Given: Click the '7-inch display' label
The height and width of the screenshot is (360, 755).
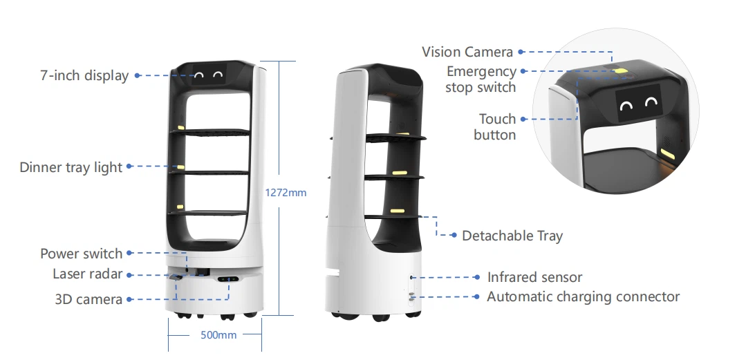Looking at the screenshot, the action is click(84, 75).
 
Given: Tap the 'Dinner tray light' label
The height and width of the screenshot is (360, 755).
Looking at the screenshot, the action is click(71, 167).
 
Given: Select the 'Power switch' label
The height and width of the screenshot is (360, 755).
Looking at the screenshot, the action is click(82, 254).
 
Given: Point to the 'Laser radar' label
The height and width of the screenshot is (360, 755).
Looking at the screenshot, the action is click(88, 274).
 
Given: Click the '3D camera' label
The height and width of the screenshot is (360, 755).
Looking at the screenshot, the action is click(88, 299).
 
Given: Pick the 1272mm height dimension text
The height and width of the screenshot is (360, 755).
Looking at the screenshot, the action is click(286, 193).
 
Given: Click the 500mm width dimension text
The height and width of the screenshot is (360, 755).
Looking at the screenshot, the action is click(218, 334).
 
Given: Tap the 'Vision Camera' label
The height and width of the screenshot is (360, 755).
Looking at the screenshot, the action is click(467, 52).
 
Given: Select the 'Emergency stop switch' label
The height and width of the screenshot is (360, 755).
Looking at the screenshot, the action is click(481, 79).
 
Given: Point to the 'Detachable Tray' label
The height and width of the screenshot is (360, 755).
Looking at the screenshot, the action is click(512, 236).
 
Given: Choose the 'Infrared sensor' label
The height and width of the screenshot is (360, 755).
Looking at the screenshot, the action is click(534, 277).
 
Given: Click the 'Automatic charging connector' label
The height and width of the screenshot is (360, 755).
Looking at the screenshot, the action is click(583, 296).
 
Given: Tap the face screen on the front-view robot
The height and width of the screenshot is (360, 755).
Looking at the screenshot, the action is click(209, 74).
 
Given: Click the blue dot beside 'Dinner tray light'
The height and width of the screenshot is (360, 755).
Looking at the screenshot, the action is click(129, 166).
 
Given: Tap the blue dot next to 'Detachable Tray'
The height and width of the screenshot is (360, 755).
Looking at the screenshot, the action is click(454, 236).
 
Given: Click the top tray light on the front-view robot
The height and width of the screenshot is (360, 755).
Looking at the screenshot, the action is click(181, 128).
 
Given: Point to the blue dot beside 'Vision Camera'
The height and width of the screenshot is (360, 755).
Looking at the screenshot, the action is click(521, 52).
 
